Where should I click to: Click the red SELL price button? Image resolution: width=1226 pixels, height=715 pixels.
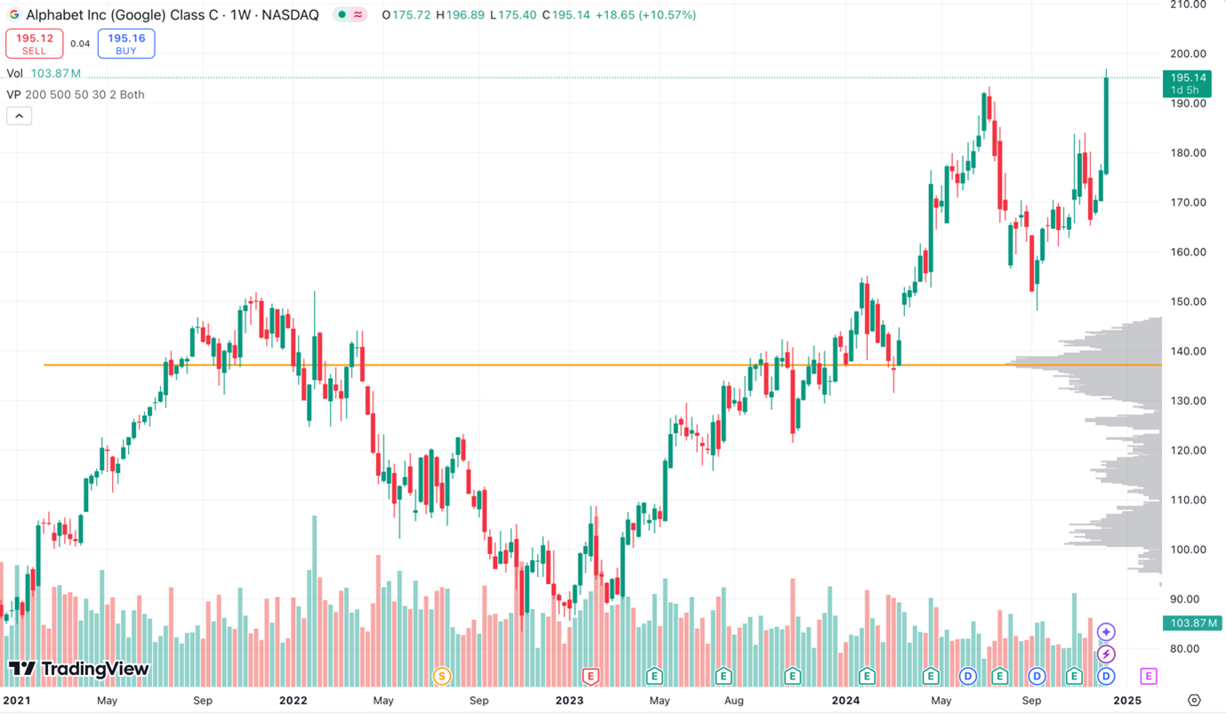(x=34, y=44)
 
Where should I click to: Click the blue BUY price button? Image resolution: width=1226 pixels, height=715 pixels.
(x=126, y=44)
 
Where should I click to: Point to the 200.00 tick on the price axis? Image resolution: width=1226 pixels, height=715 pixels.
(x=1188, y=53)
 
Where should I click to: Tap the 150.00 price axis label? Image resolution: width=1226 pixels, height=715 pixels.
(x=1188, y=301)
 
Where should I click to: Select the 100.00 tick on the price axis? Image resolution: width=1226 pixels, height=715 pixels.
(x=1188, y=550)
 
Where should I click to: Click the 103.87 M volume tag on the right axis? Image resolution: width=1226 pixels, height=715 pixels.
(x=1191, y=623)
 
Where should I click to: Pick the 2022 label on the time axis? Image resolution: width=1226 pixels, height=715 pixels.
(x=292, y=700)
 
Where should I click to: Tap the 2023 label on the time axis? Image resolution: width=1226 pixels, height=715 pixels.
(x=569, y=700)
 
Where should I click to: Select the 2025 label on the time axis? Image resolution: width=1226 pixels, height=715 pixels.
(x=1126, y=700)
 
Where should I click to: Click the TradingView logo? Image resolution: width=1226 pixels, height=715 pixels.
(x=78, y=669)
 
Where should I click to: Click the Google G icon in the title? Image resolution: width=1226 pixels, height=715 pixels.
(x=13, y=15)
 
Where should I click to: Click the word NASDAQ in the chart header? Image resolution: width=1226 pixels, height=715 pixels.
(x=290, y=15)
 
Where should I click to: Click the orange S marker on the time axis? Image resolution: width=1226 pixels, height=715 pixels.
(x=441, y=677)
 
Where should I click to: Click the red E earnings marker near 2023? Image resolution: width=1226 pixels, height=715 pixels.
(x=589, y=677)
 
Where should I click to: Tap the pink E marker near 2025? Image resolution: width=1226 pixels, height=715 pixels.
(x=1148, y=677)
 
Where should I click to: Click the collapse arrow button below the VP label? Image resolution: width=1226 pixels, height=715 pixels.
(x=19, y=116)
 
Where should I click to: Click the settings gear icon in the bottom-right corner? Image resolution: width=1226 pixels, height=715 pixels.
(x=1194, y=701)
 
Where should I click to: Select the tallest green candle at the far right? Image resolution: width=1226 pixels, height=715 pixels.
(x=1107, y=125)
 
